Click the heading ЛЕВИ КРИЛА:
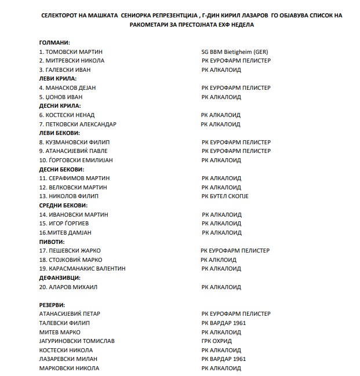57,79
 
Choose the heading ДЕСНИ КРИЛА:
60,106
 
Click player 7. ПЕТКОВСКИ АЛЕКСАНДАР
78,124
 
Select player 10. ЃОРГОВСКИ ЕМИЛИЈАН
75,160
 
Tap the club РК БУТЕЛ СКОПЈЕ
225,196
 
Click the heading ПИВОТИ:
52,242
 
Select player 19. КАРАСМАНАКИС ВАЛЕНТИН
82,268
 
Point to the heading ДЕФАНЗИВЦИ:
60,278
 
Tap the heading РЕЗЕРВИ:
52,305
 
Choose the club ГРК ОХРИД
216,341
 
